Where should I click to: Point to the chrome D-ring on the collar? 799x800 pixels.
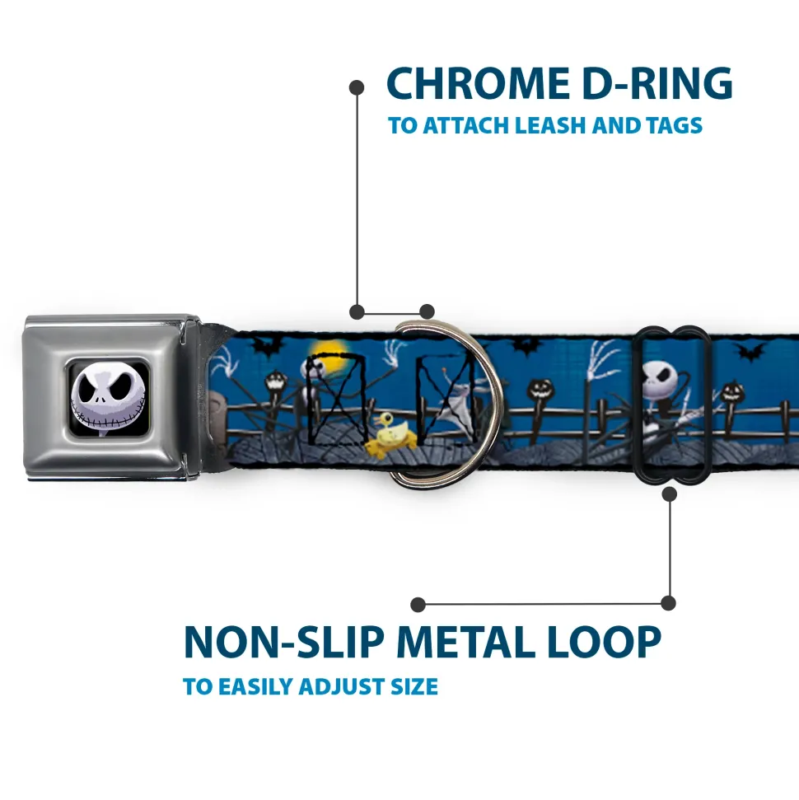pos(449,404)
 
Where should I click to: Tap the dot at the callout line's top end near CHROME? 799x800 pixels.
pos(357,86)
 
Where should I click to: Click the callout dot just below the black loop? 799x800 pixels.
pos(669,494)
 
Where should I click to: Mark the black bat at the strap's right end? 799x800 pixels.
pos(748,352)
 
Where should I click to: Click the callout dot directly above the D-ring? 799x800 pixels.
pos(426,311)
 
